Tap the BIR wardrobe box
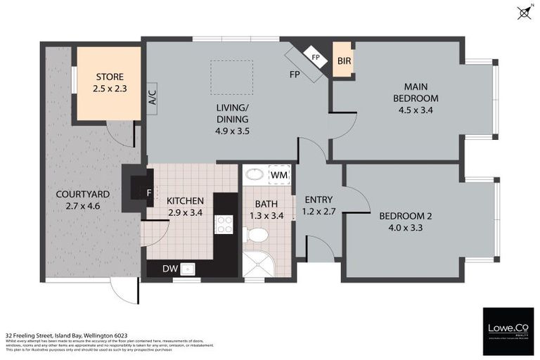(x=344, y=61)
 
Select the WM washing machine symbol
(x=279, y=174)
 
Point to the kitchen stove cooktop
(x=224, y=225)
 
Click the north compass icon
(x=523, y=11)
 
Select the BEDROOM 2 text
(x=405, y=216)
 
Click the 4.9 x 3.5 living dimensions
(x=233, y=130)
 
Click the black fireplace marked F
(x=136, y=188)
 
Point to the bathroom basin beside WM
(x=255, y=174)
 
